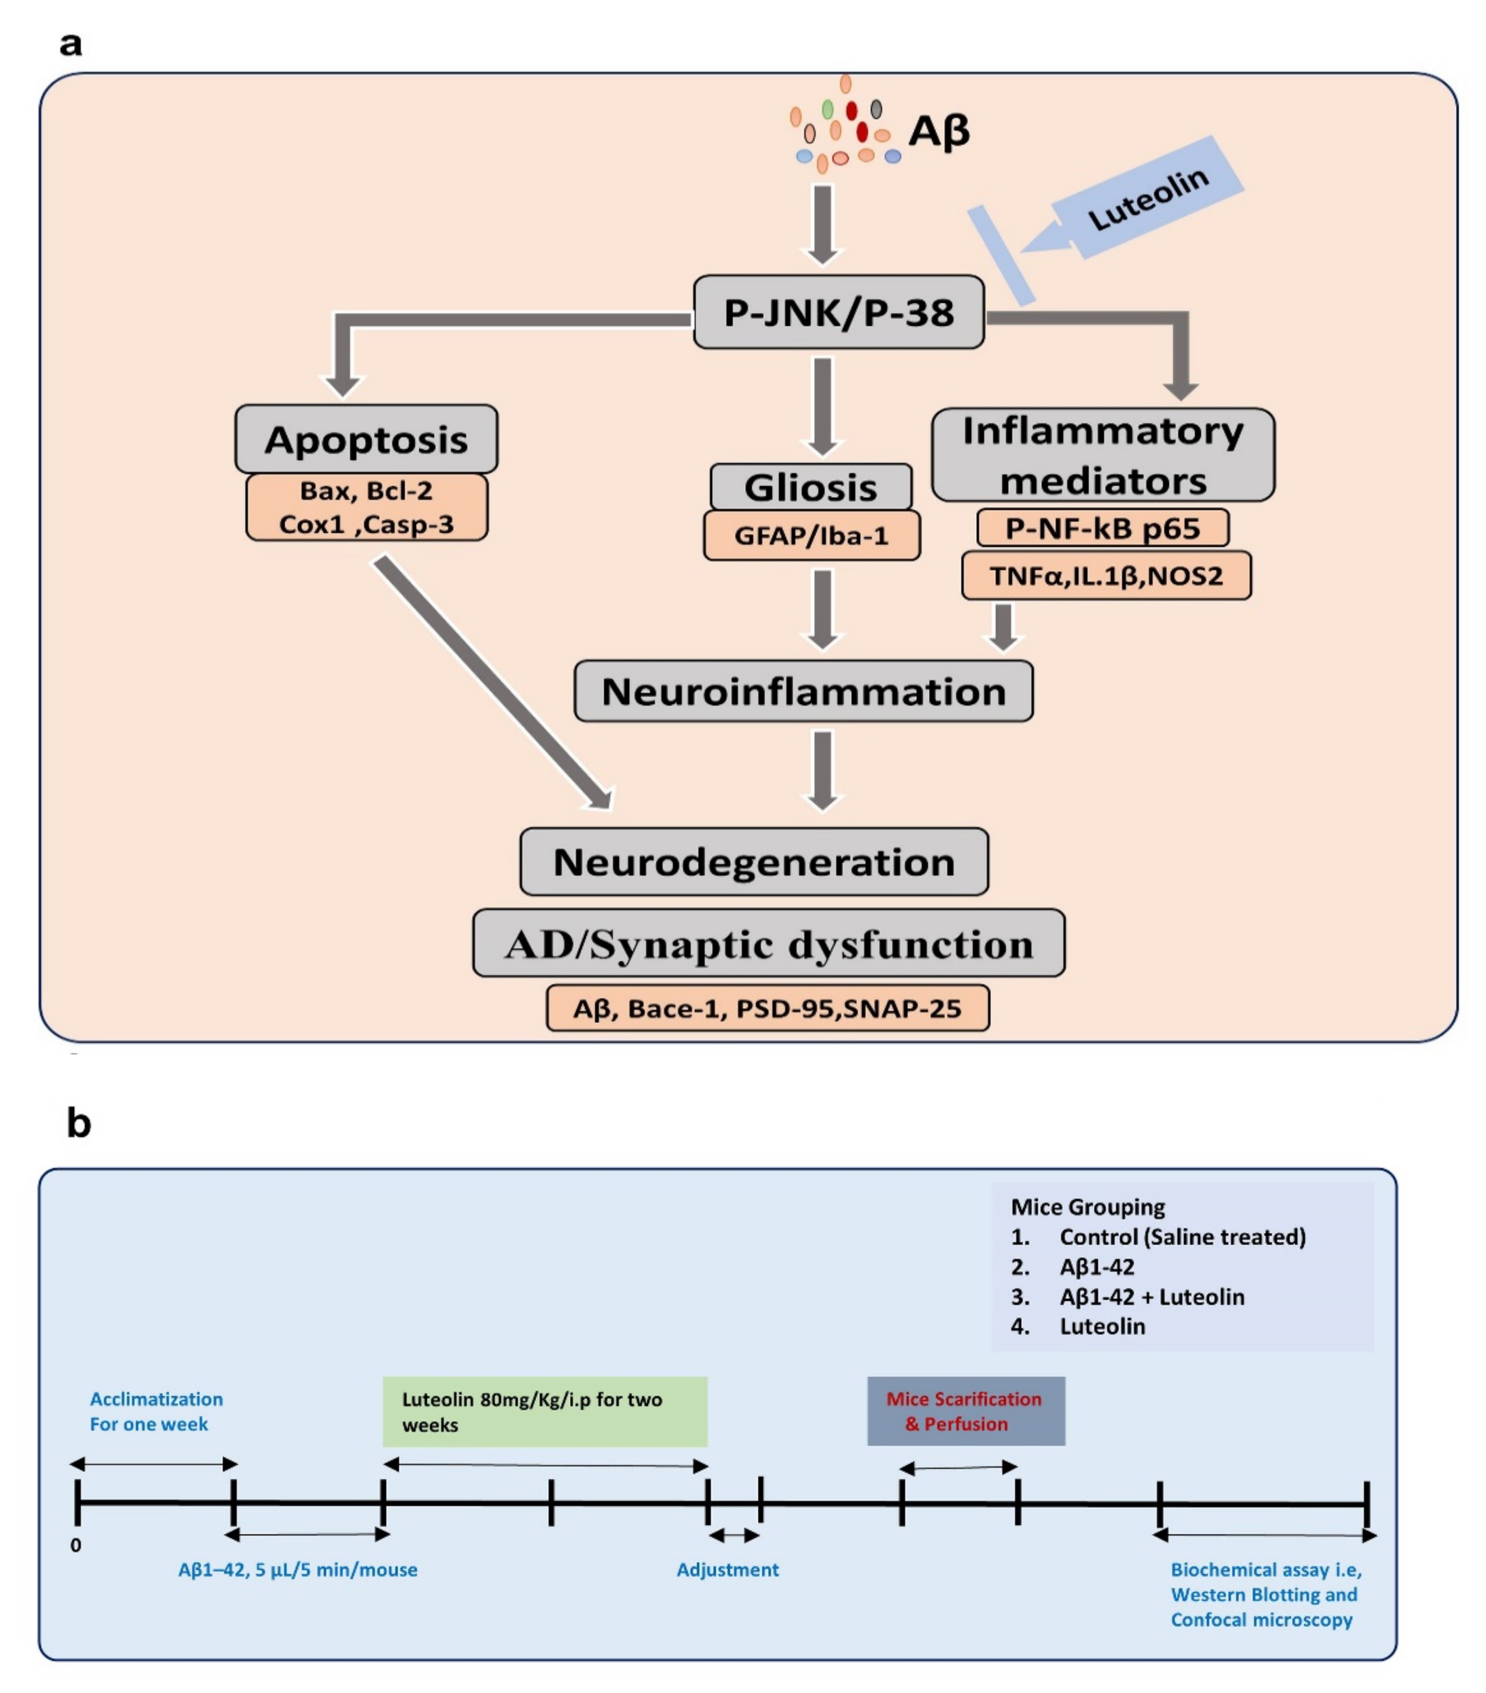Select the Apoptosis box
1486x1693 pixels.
pyautogui.click(x=366, y=439)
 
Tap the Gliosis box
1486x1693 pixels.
pyautogui.click(x=811, y=487)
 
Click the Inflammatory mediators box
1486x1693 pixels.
pyautogui.click(x=1103, y=455)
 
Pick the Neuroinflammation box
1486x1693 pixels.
pyautogui.click(x=803, y=691)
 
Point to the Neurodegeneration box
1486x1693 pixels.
pyautogui.click(x=754, y=861)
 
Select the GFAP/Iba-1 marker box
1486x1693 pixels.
pyautogui.click(x=811, y=535)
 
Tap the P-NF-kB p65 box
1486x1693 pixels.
pyautogui.click(x=1103, y=527)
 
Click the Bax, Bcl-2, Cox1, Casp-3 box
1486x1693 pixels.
pyautogui.click(x=367, y=507)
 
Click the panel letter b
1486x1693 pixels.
pyautogui.click(x=79, y=1124)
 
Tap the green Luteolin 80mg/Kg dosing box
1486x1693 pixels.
pyautogui.click(x=545, y=1411)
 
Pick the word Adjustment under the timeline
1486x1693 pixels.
pyautogui.click(x=728, y=1570)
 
